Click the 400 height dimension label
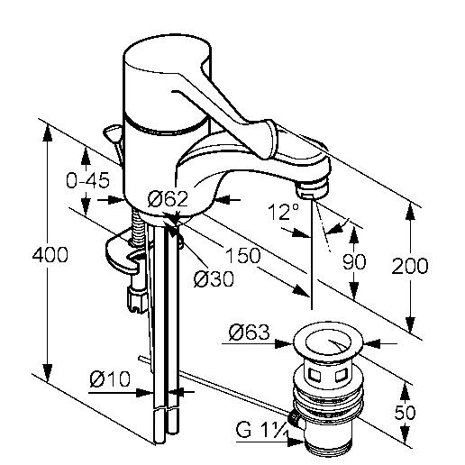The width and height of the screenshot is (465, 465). pyautogui.click(x=50, y=255)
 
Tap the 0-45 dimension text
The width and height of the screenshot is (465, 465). pyautogui.click(x=87, y=181)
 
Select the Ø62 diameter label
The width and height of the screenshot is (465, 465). pyautogui.click(x=168, y=198)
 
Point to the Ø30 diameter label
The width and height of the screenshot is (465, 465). pyautogui.click(x=214, y=278)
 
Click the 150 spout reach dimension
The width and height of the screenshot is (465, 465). pyautogui.click(x=243, y=256)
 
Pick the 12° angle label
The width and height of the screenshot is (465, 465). pyautogui.click(x=283, y=212)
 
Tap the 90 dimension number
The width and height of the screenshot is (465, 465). pyautogui.click(x=354, y=261)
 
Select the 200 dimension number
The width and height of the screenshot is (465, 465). pyautogui.click(x=410, y=266)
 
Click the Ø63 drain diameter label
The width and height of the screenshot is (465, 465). pyautogui.click(x=250, y=332)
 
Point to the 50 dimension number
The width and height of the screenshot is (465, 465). pyautogui.click(x=405, y=412)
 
